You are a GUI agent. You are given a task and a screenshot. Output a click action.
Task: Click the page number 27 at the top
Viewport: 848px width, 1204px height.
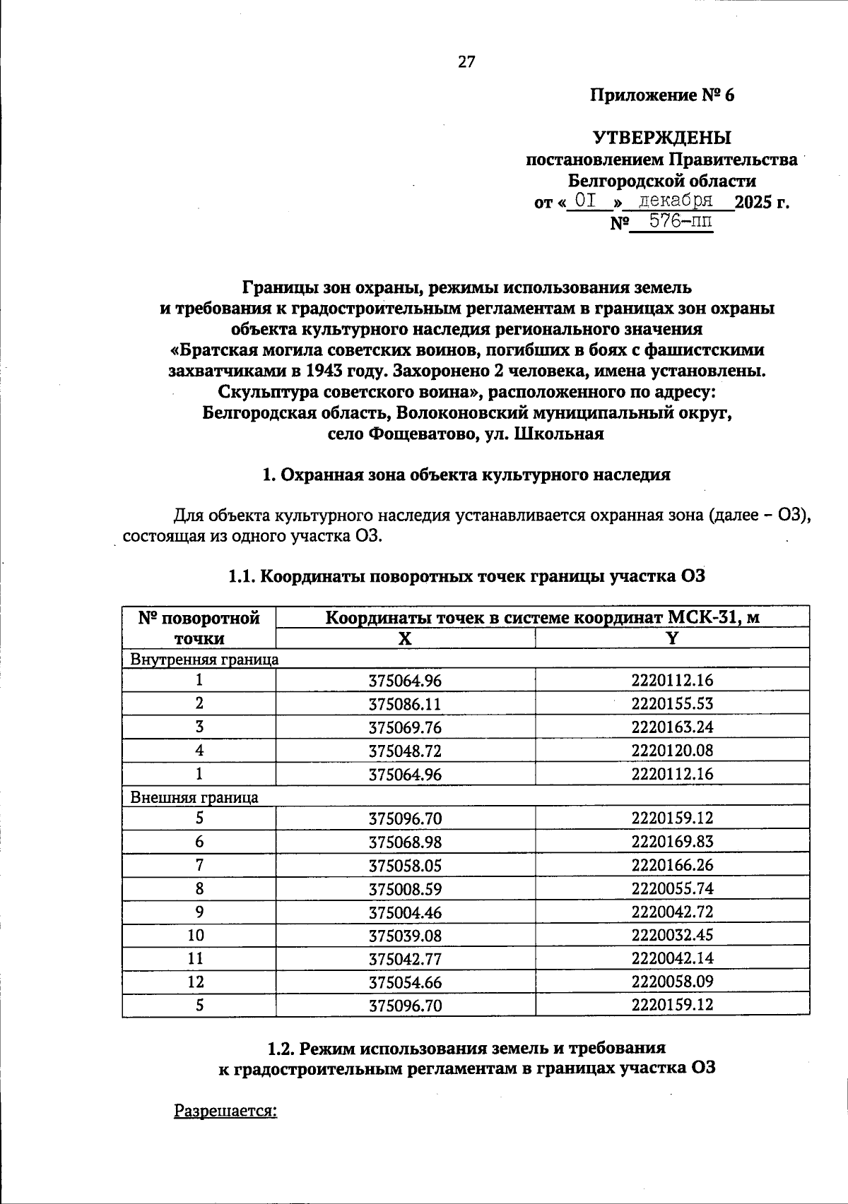466,62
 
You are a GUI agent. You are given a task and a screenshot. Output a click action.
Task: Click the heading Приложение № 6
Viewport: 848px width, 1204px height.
662,95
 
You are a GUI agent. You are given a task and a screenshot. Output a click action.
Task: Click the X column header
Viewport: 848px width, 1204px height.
404,638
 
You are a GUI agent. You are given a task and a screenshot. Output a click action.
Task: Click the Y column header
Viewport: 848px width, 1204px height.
672,638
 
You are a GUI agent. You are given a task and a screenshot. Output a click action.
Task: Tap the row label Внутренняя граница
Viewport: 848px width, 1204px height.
204,659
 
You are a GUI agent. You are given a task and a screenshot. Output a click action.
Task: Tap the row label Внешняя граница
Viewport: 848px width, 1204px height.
194,797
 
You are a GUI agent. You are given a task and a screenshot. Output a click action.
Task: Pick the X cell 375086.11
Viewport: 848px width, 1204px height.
405,704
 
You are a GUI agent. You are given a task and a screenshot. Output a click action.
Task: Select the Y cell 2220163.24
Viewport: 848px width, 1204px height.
672,727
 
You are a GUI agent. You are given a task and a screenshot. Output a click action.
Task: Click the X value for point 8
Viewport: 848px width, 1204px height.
405,889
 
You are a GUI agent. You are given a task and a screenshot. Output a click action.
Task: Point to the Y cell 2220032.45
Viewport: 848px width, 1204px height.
672,935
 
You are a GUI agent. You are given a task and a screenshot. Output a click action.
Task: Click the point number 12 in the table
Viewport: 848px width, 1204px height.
199,982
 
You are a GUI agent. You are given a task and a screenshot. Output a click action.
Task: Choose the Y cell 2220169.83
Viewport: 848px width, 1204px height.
672,842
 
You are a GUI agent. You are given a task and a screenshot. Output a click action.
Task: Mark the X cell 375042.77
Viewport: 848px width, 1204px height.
405,958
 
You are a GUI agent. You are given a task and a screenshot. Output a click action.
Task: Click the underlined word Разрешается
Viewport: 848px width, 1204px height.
225,1111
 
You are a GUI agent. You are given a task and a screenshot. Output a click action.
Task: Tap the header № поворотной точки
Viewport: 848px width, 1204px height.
199,628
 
